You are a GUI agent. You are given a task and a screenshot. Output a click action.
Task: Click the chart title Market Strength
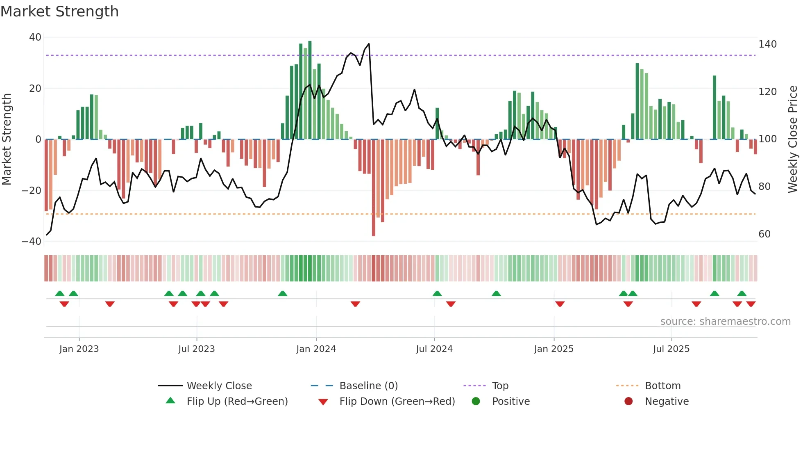click(59, 11)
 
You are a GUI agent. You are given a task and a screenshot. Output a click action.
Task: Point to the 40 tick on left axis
click(35, 37)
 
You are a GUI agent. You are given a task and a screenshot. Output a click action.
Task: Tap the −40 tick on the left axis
click(32, 242)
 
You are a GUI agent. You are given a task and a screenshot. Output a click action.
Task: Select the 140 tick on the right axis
click(767, 44)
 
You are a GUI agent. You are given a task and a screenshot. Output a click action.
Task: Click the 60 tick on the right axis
click(764, 234)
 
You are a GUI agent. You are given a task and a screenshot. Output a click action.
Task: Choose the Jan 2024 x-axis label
click(316, 349)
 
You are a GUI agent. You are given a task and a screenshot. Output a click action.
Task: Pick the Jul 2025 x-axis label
click(671, 349)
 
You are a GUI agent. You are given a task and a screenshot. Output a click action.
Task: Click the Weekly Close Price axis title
click(793, 139)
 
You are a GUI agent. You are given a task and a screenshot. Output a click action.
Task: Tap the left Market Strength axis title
click(7, 139)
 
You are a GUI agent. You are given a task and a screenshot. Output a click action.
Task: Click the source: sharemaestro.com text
click(725, 322)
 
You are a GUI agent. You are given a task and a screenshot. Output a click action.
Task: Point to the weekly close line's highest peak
click(369, 44)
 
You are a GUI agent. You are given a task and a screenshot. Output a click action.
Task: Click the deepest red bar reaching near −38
click(374, 230)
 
